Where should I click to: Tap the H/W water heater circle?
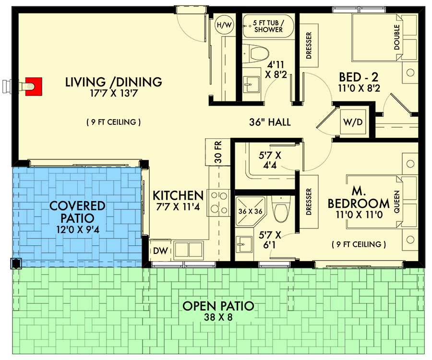[x=224, y=25]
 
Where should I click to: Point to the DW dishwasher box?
[x=158, y=250]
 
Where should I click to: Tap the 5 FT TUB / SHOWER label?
[x=266, y=25]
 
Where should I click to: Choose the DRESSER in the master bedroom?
[x=308, y=201]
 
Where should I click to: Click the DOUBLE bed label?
[x=397, y=37]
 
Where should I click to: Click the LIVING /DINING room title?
[x=114, y=83]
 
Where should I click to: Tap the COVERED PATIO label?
[x=78, y=212]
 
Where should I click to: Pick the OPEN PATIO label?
[x=218, y=306]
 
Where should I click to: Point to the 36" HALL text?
[x=270, y=122]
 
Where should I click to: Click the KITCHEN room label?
[x=178, y=195]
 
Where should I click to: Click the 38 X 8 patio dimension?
[x=218, y=317]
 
